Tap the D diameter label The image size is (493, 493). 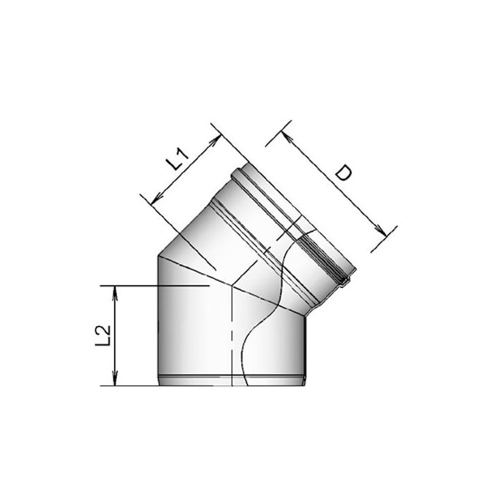pos(343,173)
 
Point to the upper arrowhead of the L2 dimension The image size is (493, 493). pos(113,289)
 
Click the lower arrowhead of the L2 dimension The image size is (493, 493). pos(113,381)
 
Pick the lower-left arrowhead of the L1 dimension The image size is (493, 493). pos(149,199)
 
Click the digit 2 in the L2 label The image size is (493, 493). pos(105,328)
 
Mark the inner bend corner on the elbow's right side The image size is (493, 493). pos(306,315)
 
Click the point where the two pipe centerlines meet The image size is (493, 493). pos(231,285)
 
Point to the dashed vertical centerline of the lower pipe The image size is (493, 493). pos(231,338)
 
